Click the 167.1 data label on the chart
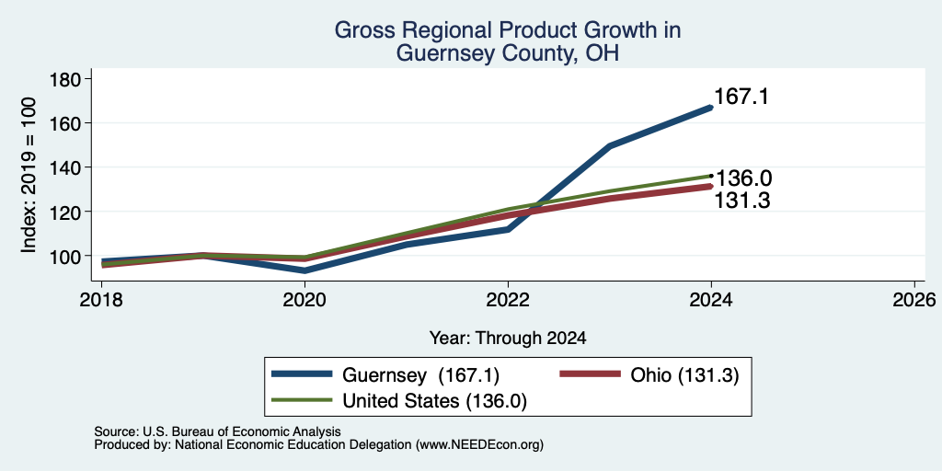(741, 97)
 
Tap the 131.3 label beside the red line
(742, 201)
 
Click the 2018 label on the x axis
(101, 299)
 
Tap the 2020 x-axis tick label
(304, 299)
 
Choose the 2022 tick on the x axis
(508, 299)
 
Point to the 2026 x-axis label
(914, 299)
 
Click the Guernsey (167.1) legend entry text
(421, 375)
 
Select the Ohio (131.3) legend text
(684, 375)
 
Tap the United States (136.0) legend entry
(435, 401)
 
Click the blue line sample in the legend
(302, 374)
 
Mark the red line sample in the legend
(590, 374)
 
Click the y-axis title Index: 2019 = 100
(29, 176)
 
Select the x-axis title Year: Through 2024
(508, 339)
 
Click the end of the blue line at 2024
(711, 108)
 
